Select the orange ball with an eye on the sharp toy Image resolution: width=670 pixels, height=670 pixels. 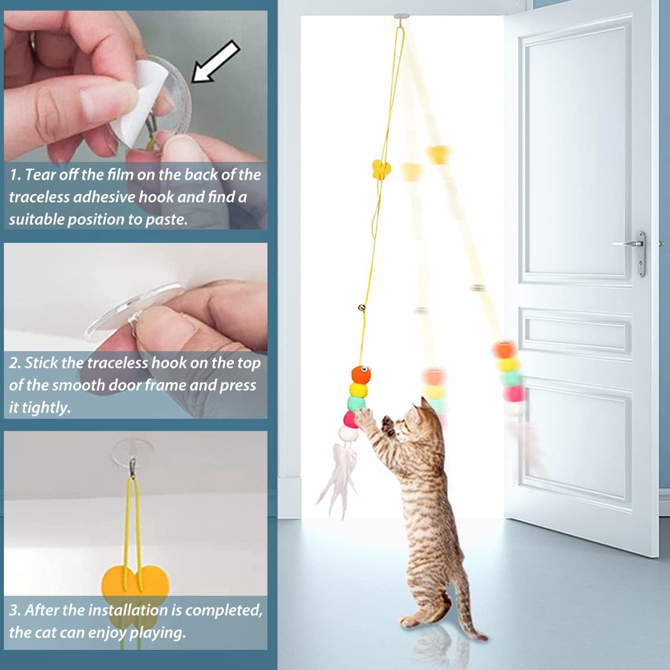[360, 374]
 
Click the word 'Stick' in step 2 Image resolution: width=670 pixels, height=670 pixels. [41, 363]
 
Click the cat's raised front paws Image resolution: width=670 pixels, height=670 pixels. [375, 419]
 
